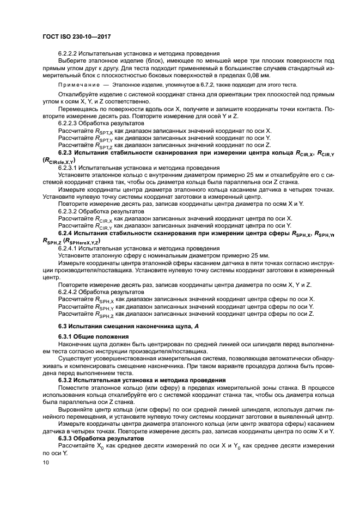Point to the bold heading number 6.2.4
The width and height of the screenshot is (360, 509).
pyautogui.click(x=66, y=234)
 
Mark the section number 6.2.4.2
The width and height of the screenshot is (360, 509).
pyautogui.click(x=70, y=292)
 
